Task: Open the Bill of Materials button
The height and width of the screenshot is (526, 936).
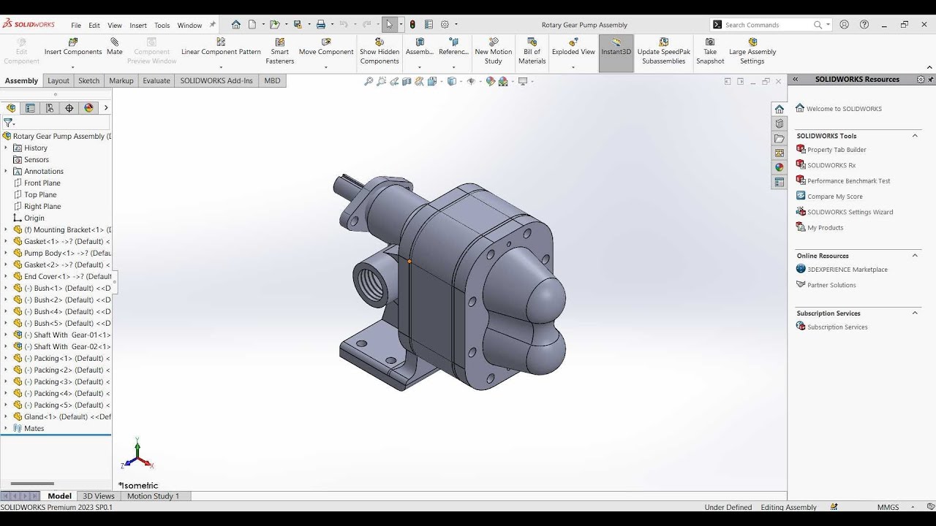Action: pos(532,50)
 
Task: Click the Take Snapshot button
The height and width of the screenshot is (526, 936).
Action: pos(710,50)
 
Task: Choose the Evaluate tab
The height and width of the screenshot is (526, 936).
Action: pos(156,80)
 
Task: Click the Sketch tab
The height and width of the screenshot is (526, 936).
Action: pos(88,80)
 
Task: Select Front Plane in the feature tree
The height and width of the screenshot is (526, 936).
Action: pos(42,183)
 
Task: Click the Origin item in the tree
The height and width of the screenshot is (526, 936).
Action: pos(34,218)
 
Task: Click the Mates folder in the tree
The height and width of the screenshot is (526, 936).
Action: pos(34,428)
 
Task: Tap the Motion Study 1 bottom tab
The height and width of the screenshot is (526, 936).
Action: pos(153,496)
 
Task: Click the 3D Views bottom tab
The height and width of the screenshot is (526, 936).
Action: pos(99,496)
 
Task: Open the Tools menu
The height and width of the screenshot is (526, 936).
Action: pos(162,25)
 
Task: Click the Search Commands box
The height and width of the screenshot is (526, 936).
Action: pos(768,25)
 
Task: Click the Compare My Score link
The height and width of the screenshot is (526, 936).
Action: pos(835,197)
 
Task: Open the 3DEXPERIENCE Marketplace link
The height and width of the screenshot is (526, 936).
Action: pos(848,270)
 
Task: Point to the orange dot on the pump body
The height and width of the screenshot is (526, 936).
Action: pos(409,261)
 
